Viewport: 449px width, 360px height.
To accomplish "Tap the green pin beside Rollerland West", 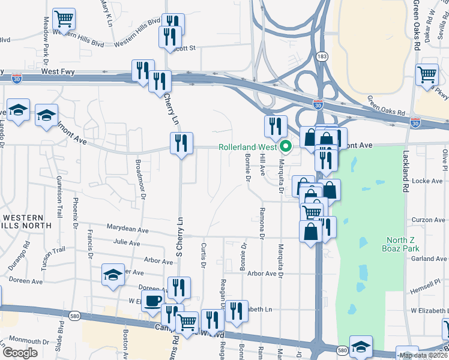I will pyautogui.click(x=286, y=146).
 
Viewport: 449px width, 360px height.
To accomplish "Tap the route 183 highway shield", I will pyautogui.click(x=322, y=56).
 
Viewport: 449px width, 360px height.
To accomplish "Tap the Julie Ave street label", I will pyautogui.click(x=126, y=244).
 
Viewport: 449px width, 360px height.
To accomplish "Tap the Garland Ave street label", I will pyautogui.click(x=429, y=259).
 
